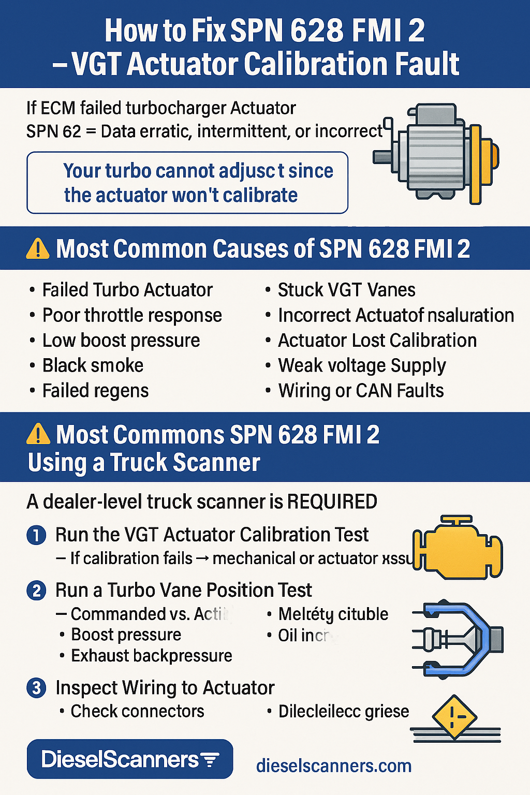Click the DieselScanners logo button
pyautogui.click(x=129, y=759)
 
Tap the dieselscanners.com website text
pyautogui.click(x=334, y=765)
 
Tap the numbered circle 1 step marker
pyautogui.click(x=36, y=535)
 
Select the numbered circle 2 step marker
pyautogui.click(x=36, y=591)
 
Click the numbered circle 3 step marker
pyautogui.click(x=36, y=688)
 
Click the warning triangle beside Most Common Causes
pyautogui.click(x=38, y=249)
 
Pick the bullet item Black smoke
pyautogui.click(x=93, y=365)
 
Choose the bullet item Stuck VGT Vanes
pyautogui.click(x=346, y=290)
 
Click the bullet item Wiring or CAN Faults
pyautogui.click(x=361, y=391)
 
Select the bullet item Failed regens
pyautogui.click(x=95, y=391)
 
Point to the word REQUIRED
pyautogui.click(x=332, y=502)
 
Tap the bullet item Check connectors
pyautogui.click(x=137, y=711)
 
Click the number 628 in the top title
pyautogui.click(x=316, y=31)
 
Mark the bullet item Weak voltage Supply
pyautogui.click(x=362, y=365)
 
